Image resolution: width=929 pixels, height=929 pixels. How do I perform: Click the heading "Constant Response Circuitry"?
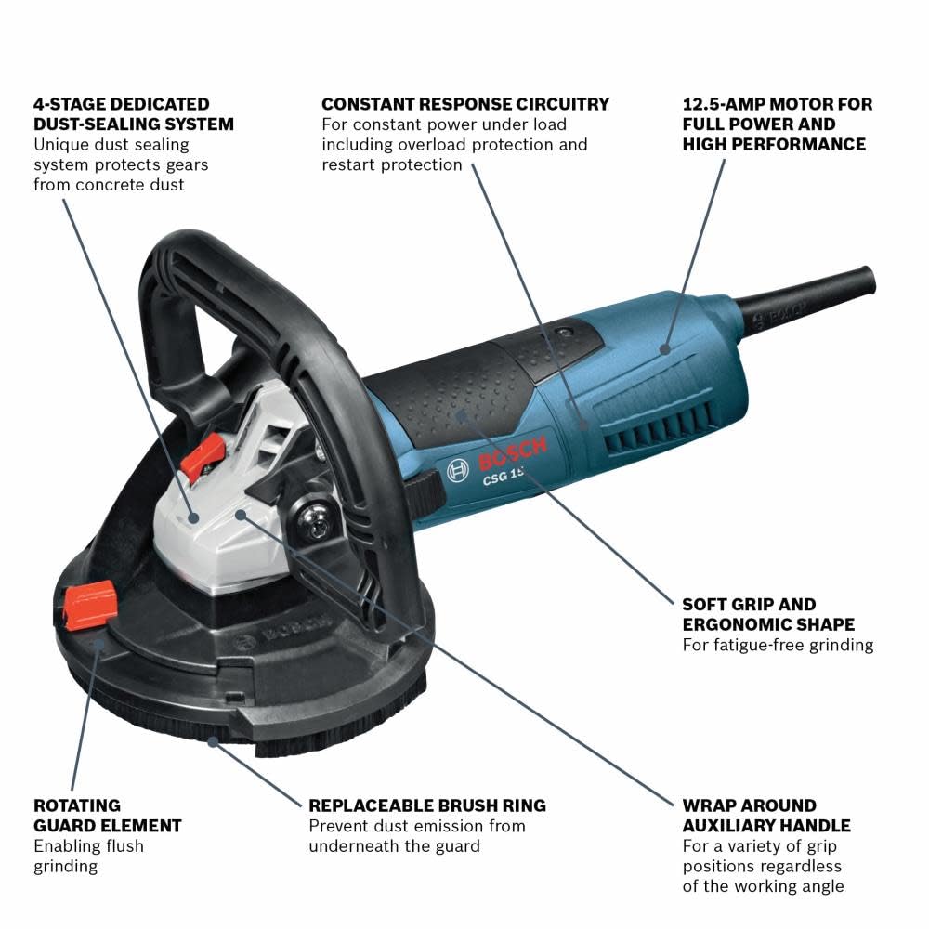[x=465, y=104]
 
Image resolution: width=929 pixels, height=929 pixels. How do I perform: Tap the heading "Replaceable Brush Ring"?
[x=427, y=805]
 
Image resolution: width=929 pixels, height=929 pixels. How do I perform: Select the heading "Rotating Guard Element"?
[x=108, y=815]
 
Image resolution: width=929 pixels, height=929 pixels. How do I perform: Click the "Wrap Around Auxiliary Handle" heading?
[x=766, y=815]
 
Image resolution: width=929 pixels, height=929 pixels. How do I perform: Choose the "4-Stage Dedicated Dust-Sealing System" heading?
[x=134, y=113]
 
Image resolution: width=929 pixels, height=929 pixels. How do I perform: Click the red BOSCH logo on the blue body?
[x=513, y=453]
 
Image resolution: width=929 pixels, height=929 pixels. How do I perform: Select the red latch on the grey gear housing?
[x=202, y=455]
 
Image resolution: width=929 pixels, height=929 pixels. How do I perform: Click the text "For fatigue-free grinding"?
[x=778, y=644]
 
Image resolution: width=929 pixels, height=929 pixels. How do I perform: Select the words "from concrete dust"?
[x=109, y=184]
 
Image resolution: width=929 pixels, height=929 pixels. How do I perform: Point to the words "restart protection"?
[x=392, y=164]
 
